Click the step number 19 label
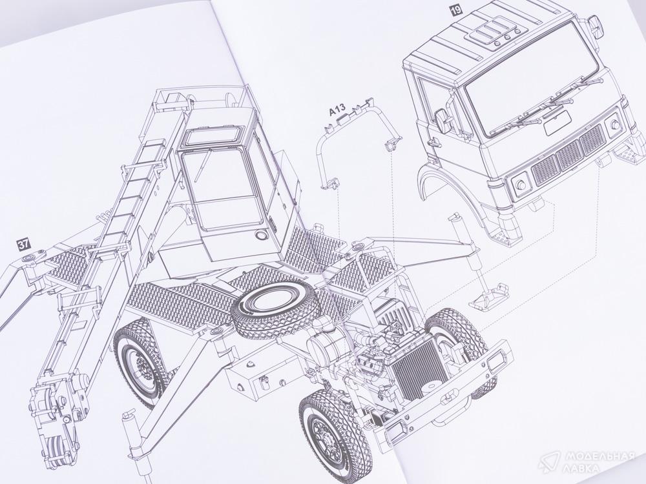(x=456, y=10)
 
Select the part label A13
(x=337, y=111)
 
